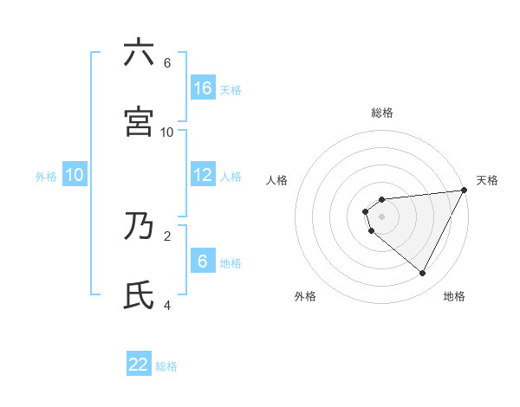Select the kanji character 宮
point(139,121)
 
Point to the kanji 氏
point(139,294)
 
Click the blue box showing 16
point(203,87)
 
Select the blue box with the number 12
point(203,174)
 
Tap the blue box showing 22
point(139,365)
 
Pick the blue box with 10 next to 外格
point(75,174)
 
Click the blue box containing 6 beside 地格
point(203,261)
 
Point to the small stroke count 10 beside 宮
point(167,132)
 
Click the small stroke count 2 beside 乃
point(167,235)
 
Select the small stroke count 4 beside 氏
point(167,305)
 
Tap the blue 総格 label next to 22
point(166,366)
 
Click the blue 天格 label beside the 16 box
point(231,89)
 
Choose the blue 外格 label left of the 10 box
point(46,176)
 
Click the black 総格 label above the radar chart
point(382,113)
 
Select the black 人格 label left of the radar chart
point(277,180)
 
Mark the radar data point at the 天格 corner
point(464,191)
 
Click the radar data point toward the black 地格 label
point(423,274)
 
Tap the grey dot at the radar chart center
point(381,216)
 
